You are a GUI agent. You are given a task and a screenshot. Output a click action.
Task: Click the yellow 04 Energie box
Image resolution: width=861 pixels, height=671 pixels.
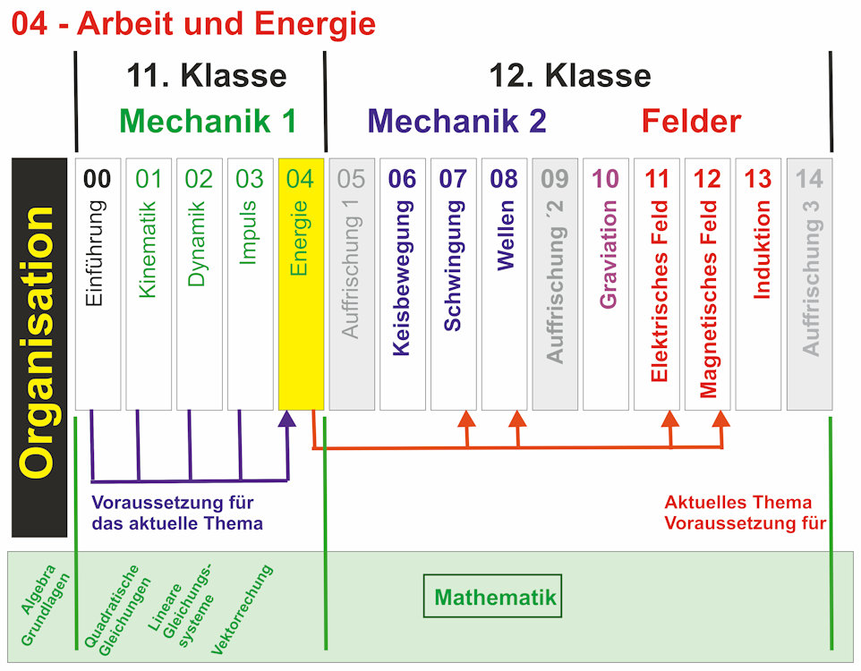click(301, 284)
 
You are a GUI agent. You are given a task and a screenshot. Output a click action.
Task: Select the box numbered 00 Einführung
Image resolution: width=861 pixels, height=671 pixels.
click(98, 284)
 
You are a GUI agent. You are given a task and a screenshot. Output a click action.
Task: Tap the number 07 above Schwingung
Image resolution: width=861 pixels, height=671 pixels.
click(454, 179)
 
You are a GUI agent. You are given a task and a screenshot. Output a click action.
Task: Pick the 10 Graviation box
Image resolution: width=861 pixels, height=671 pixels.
click(606, 284)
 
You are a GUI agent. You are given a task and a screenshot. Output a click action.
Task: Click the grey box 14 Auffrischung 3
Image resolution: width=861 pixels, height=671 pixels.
click(809, 284)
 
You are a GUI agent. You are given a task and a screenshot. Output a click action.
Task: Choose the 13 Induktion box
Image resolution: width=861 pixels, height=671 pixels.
click(758, 284)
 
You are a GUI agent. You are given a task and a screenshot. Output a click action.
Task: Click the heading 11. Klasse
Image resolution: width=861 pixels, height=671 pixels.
click(207, 75)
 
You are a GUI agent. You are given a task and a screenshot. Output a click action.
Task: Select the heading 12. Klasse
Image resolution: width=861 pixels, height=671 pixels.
click(570, 75)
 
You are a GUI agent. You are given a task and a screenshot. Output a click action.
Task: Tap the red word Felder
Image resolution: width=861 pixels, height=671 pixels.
click(691, 121)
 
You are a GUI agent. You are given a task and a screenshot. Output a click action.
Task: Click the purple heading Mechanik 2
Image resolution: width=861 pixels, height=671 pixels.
click(456, 121)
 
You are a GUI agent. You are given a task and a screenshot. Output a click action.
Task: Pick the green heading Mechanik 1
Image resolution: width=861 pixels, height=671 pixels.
click(208, 121)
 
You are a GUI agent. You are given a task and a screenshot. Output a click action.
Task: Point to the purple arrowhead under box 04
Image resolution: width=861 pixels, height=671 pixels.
click(287, 420)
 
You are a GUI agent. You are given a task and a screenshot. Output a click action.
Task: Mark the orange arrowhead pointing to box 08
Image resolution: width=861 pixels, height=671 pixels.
click(517, 419)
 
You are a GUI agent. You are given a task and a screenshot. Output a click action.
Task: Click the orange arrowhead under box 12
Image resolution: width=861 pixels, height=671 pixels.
click(721, 419)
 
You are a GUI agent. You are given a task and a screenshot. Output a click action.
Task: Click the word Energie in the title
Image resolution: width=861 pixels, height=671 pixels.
click(314, 23)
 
